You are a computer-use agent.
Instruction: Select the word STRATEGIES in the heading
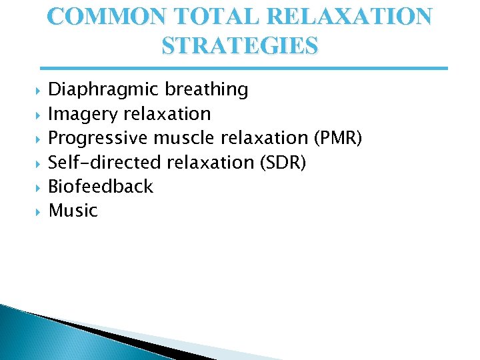pos(240,46)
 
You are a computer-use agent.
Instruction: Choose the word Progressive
pos(99,138)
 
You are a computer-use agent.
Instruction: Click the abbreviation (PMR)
pos(337,138)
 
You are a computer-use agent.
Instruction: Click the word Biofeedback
pos(101,186)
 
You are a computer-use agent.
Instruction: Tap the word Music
pos(73,211)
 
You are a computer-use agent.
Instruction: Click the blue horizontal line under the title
pos(244,68)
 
